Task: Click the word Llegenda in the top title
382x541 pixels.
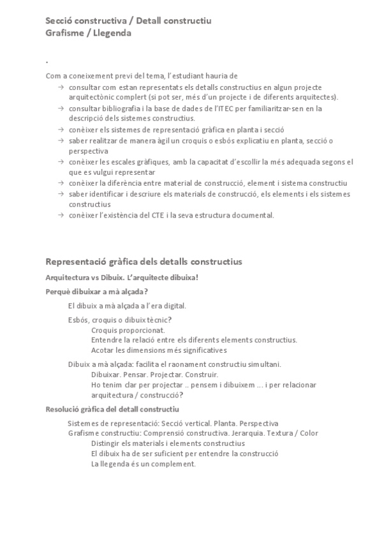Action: pyautogui.click(x=114, y=33)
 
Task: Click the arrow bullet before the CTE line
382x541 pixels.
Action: pyautogui.click(x=60, y=215)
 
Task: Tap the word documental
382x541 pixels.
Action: pyautogui.click(x=251, y=215)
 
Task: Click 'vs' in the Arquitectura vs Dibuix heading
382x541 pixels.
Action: pyautogui.click(x=90, y=278)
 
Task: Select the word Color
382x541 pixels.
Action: pyautogui.click(x=308, y=433)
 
